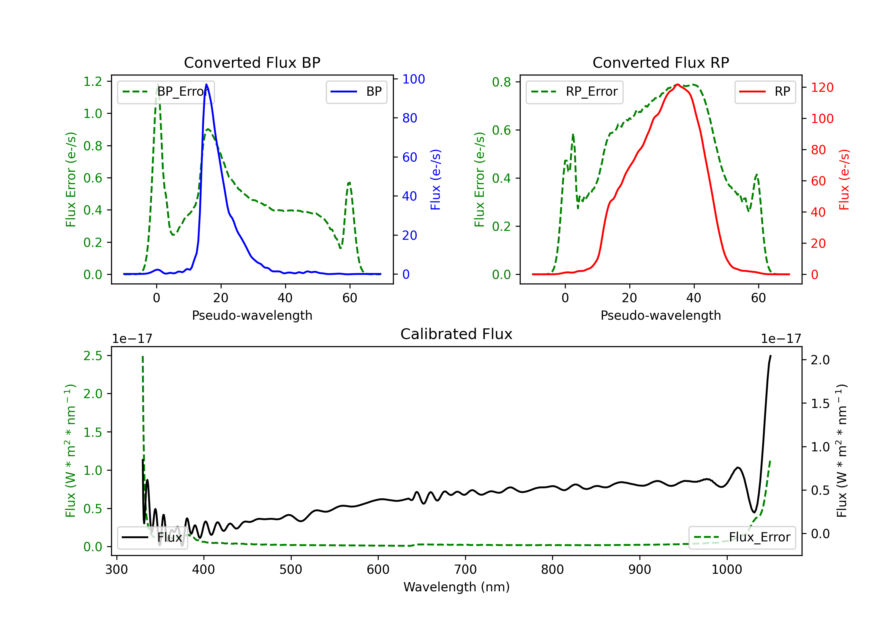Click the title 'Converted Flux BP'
[x=252, y=62]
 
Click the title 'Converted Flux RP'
[x=661, y=62]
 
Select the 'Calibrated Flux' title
[x=456, y=334]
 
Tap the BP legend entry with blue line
[x=356, y=92]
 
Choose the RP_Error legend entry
[x=574, y=92]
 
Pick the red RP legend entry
[x=765, y=92]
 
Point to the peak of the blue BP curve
[x=206, y=84]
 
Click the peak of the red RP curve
[x=677, y=85]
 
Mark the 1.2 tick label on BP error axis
[x=93, y=81]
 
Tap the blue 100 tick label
[x=414, y=79]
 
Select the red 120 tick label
[x=822, y=87]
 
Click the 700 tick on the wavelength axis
[x=465, y=569]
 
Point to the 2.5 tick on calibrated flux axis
[x=93, y=356]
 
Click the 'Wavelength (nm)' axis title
[x=456, y=587]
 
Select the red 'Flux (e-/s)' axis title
[x=844, y=179]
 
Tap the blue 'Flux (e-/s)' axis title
[x=435, y=179]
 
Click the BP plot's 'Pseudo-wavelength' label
[x=252, y=315]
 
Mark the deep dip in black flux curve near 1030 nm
[x=754, y=512]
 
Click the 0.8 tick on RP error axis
[x=501, y=82]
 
